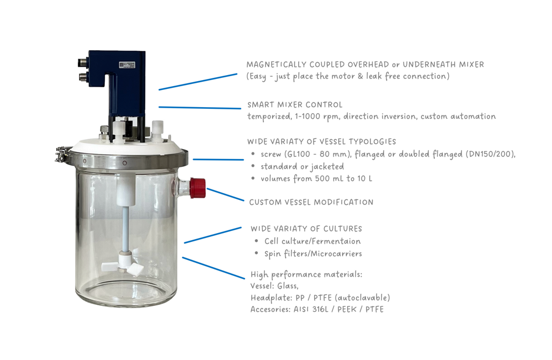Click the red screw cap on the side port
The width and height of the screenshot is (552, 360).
pos(198,188)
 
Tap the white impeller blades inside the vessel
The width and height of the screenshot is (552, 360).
pos(123,267)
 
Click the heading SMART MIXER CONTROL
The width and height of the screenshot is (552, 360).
pos(295,104)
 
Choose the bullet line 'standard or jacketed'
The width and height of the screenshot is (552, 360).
pos(302,166)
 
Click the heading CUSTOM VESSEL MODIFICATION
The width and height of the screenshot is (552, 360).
pos(311,202)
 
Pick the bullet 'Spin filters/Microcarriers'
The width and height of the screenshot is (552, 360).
pos(313,253)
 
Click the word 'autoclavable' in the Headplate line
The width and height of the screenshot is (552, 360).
pos(362,298)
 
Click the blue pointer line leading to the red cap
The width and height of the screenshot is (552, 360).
pos(225,194)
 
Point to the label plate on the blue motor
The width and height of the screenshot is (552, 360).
pos(127,65)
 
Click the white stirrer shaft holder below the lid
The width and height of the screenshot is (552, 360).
pos(126,190)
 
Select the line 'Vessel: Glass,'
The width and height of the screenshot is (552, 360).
pos(274,285)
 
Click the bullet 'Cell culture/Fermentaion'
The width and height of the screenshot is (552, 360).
pos(312,241)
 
